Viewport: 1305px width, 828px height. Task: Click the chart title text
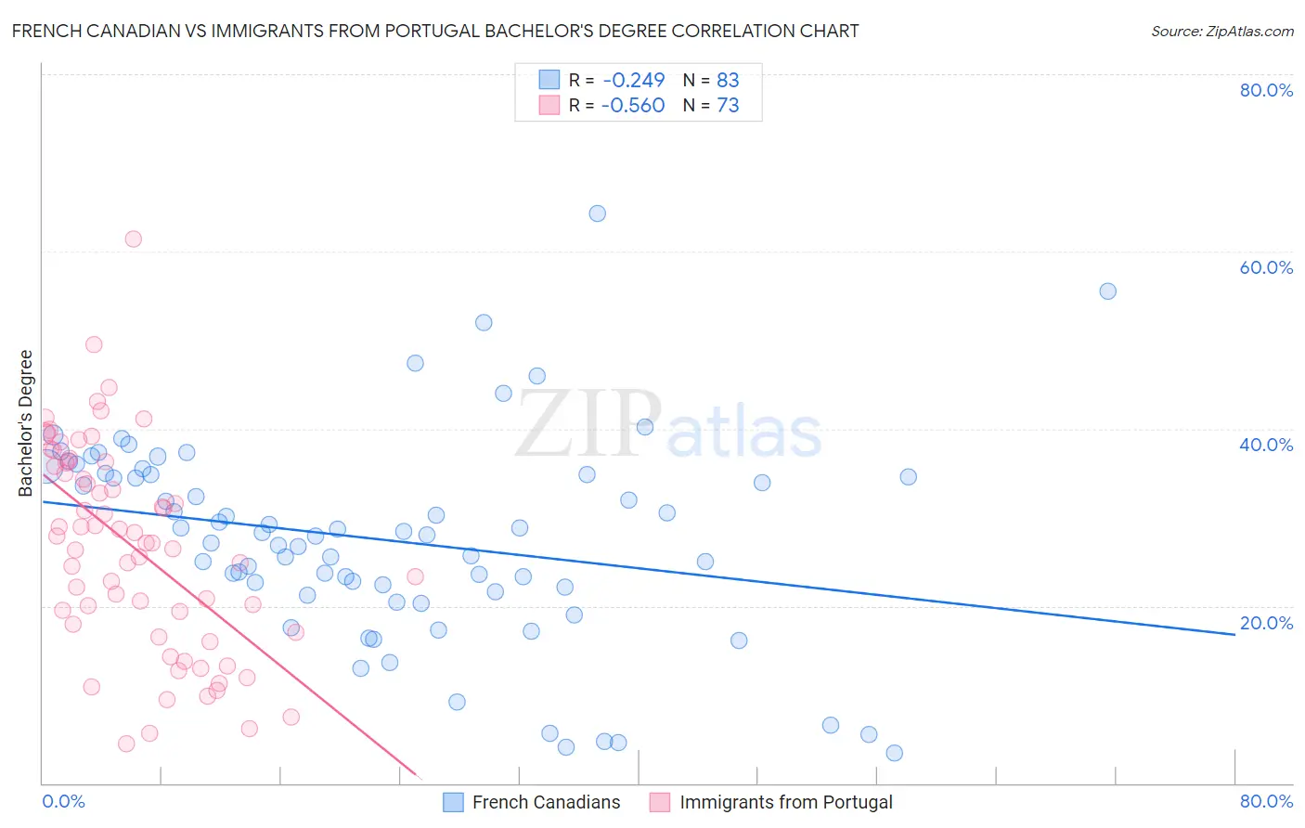pyautogui.click(x=435, y=31)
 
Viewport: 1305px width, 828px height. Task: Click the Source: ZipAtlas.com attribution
pyautogui.click(x=1221, y=31)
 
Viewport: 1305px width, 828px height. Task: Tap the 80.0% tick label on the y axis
pyautogui.click(x=1266, y=90)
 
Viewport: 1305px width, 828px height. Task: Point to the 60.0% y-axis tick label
pyautogui.click(x=1266, y=267)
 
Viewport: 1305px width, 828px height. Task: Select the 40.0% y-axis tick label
pyautogui.click(x=1266, y=445)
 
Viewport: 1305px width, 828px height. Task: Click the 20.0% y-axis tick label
pyautogui.click(x=1266, y=623)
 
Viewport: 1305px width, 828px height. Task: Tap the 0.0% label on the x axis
pyautogui.click(x=63, y=801)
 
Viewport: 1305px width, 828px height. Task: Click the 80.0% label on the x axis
pyautogui.click(x=1266, y=801)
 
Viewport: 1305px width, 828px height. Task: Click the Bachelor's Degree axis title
pyautogui.click(x=26, y=423)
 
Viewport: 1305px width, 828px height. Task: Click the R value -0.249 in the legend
pyautogui.click(x=633, y=80)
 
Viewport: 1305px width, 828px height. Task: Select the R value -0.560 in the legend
pyautogui.click(x=633, y=106)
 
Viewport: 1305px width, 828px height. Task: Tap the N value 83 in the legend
pyautogui.click(x=728, y=80)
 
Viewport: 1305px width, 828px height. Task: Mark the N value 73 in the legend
pyautogui.click(x=728, y=106)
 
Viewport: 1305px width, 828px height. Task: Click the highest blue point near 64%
pyautogui.click(x=597, y=213)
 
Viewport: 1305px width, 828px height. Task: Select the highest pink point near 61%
pyautogui.click(x=133, y=239)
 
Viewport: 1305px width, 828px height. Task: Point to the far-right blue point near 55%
pyautogui.click(x=1107, y=291)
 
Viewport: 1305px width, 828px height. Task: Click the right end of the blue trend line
pyautogui.click(x=1234, y=634)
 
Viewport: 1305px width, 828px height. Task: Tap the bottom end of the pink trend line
pyautogui.click(x=420, y=777)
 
